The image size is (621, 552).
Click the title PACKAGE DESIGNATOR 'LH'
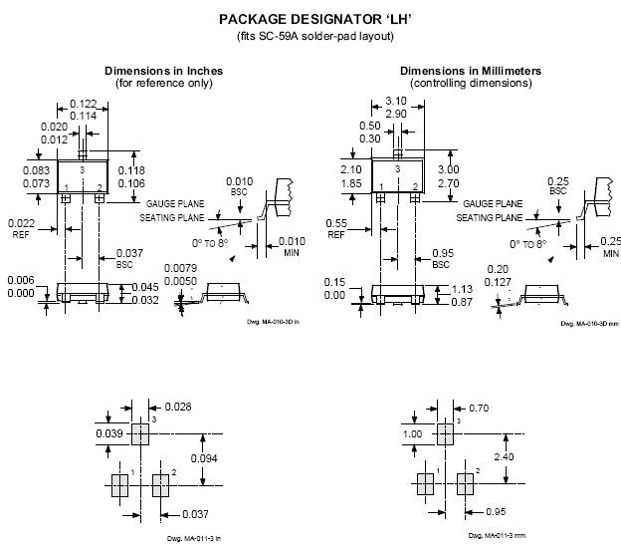pos(310,19)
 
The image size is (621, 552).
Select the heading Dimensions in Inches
pos(163,71)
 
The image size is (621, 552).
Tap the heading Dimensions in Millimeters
pos(471,71)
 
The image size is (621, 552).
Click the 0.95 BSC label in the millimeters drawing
pos(442,252)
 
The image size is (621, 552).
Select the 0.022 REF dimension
pos(21,222)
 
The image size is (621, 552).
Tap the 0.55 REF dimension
pos(336,222)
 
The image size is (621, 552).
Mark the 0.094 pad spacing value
pos(204,458)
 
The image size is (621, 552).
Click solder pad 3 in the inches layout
pos(138,434)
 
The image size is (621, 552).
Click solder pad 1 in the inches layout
pos(119,485)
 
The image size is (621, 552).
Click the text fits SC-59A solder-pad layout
pos(310,37)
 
